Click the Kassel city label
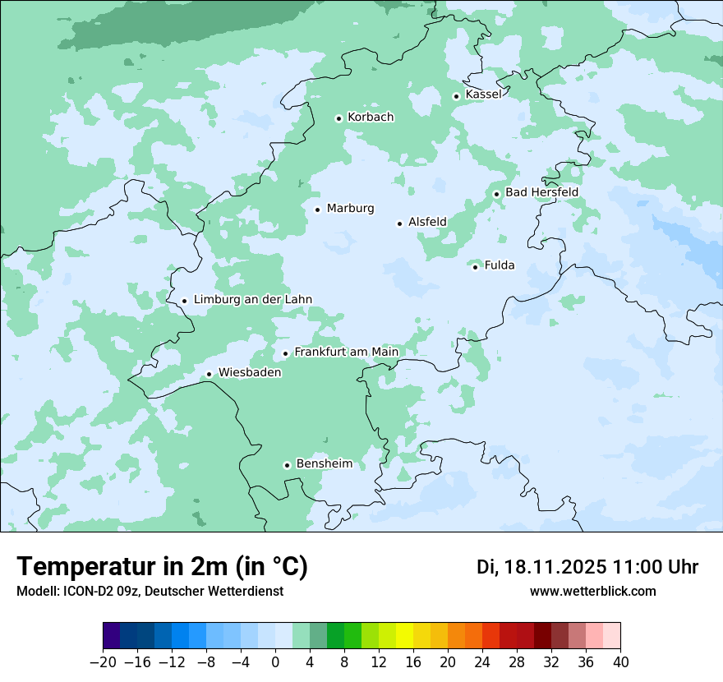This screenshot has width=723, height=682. pyautogui.click(x=483, y=94)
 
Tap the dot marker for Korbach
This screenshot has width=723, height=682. pyautogui.click(x=338, y=118)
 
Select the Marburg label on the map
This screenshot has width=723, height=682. pyautogui.click(x=350, y=209)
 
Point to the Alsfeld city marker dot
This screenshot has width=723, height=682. pyautogui.click(x=399, y=223)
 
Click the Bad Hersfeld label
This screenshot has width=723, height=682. pyautogui.click(x=541, y=192)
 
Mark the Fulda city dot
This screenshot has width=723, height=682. pyautogui.click(x=475, y=266)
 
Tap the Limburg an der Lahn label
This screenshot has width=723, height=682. pyautogui.click(x=252, y=300)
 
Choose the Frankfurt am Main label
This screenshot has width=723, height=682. pyautogui.click(x=346, y=353)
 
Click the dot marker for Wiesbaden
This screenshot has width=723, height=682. pyautogui.click(x=209, y=374)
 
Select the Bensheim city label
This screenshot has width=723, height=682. pyautogui.click(x=324, y=464)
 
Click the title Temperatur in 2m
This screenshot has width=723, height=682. pyautogui.click(x=162, y=566)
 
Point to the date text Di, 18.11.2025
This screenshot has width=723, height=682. pyautogui.click(x=541, y=567)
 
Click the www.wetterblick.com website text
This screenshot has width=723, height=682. pyautogui.click(x=592, y=591)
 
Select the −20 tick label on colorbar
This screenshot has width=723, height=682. pyautogui.click(x=103, y=662)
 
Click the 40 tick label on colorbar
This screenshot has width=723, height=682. pyautogui.click(x=620, y=662)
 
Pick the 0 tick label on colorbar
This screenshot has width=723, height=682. pyautogui.click(x=275, y=662)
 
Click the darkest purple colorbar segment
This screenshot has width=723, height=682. pyautogui.click(x=112, y=636)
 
